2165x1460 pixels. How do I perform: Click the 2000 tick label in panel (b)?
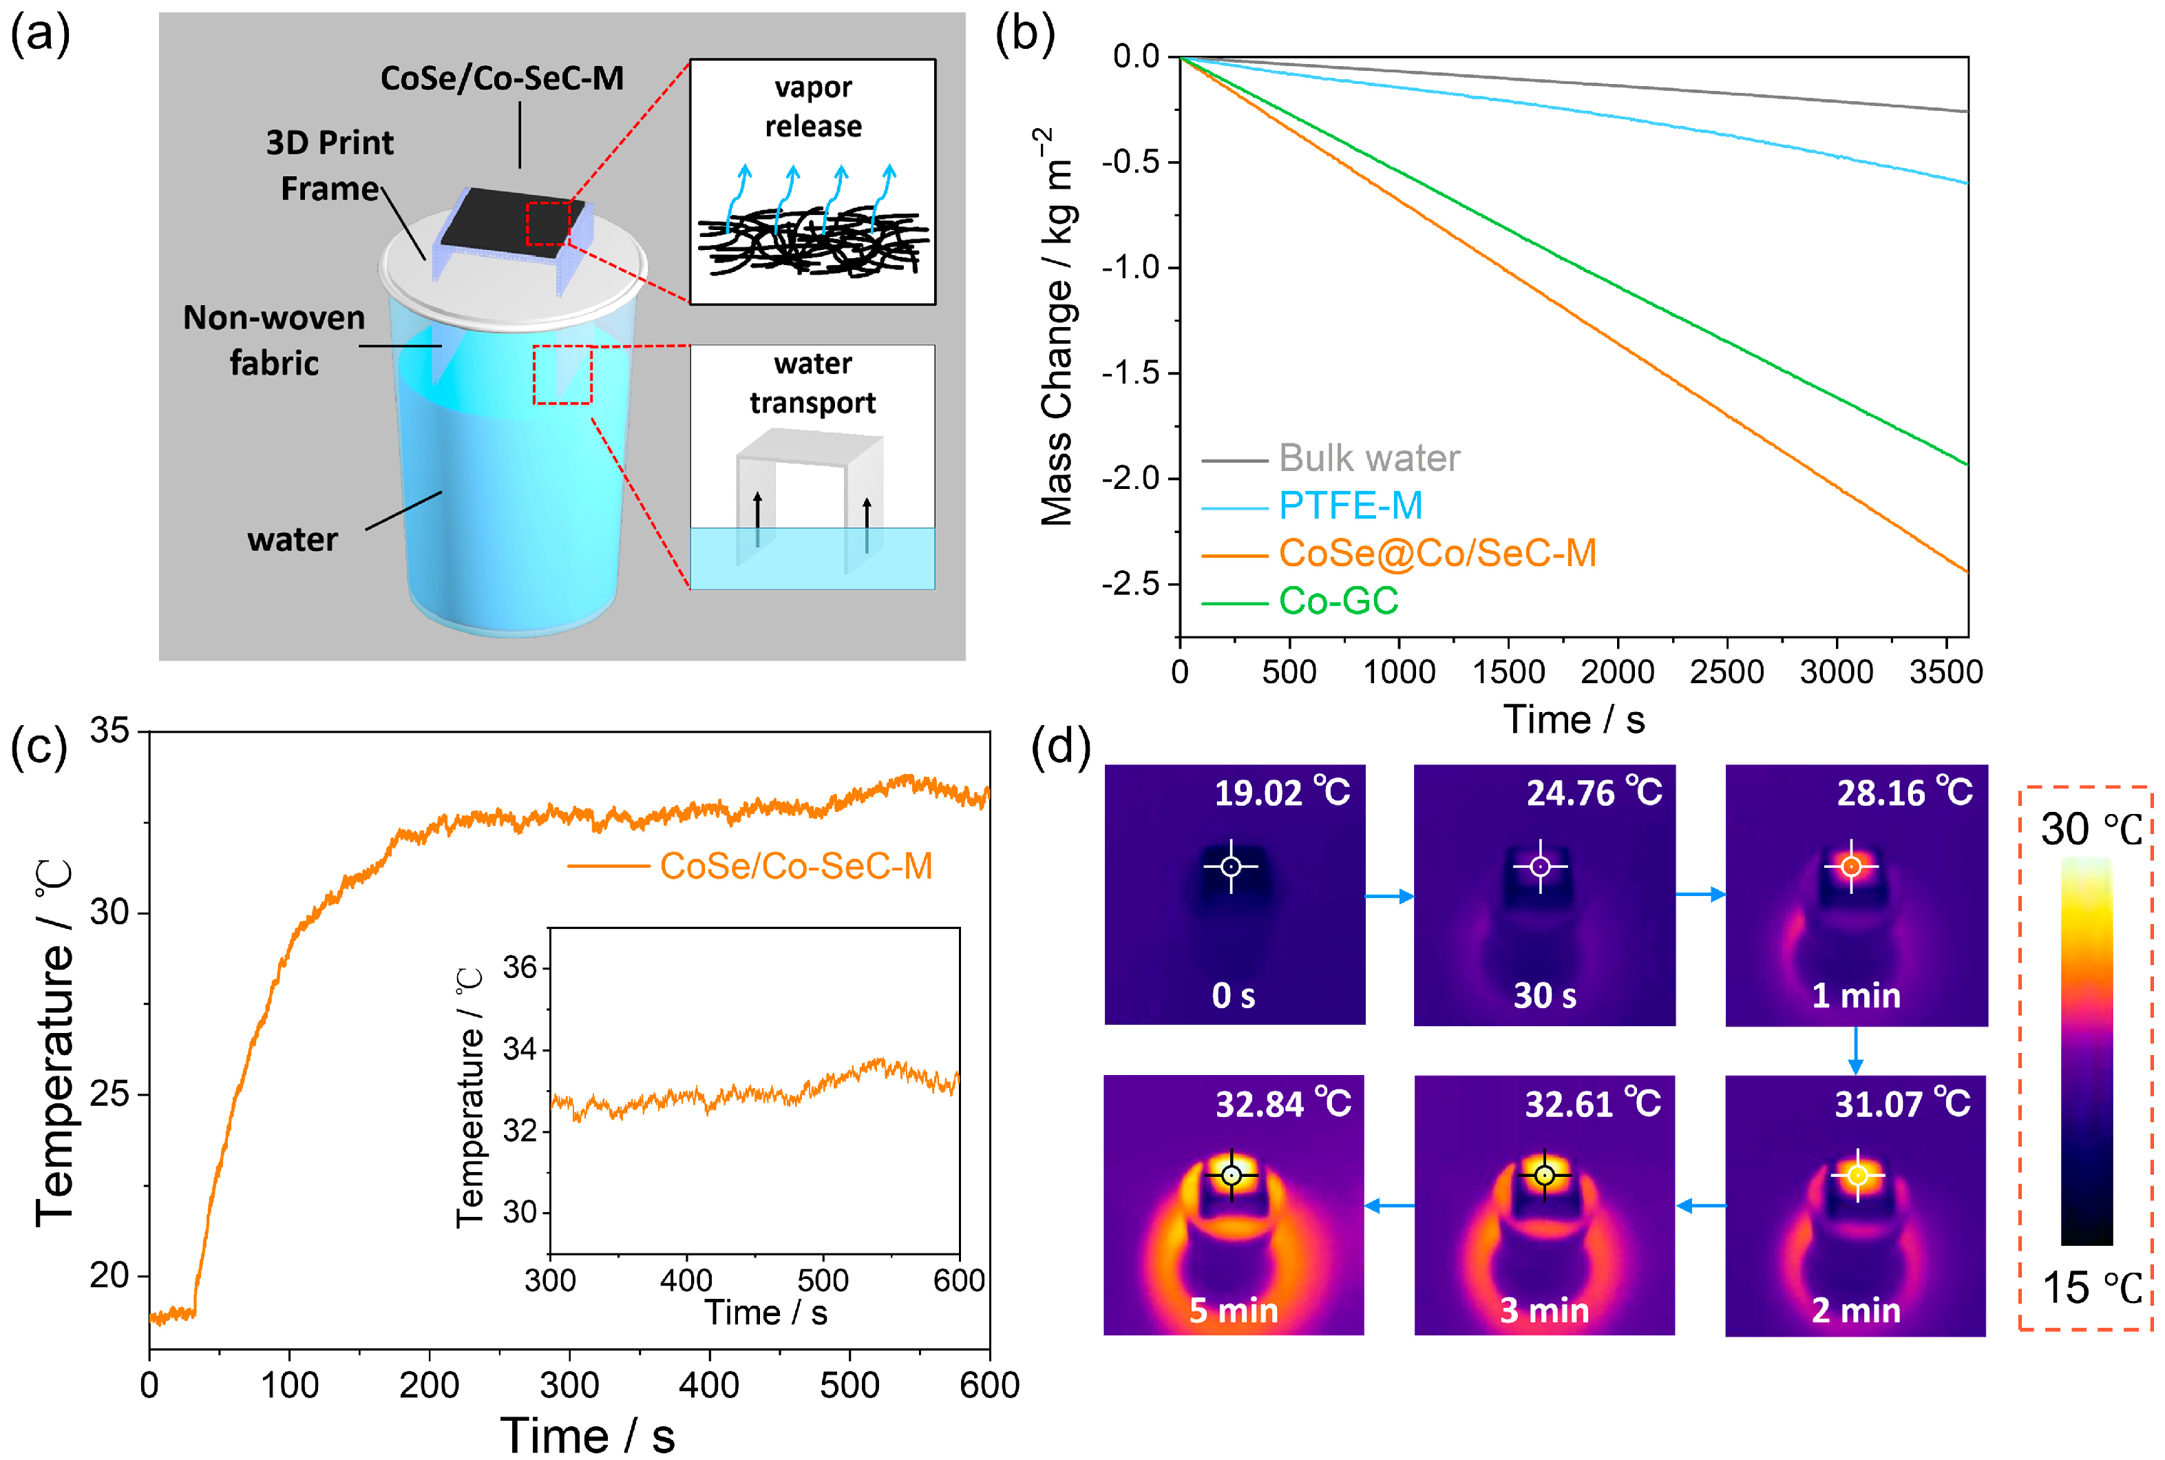pos(1618,671)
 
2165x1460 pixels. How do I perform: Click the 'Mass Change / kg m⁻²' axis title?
pos(1057,326)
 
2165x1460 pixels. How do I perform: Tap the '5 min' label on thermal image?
pos(1234,1310)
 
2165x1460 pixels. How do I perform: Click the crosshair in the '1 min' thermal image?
pos(1851,867)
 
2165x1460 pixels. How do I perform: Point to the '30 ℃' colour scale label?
pos(2091,828)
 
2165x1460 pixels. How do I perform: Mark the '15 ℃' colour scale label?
pos(2091,1288)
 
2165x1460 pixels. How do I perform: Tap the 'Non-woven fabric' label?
pos(274,340)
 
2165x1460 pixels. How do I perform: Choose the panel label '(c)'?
pos(39,747)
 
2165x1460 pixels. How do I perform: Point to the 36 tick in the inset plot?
pos(520,968)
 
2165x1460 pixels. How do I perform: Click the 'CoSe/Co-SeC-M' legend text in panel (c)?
pos(796,866)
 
